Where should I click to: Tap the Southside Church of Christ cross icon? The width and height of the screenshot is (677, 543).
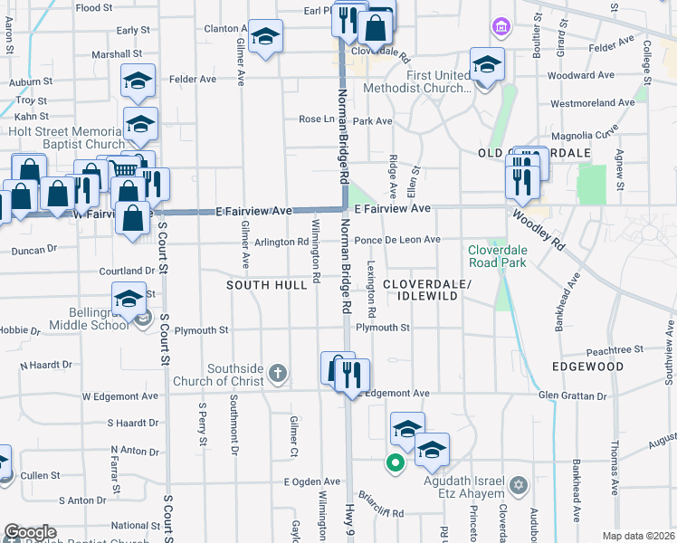(x=278, y=372)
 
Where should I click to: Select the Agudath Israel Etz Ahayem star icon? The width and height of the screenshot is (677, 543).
(x=519, y=486)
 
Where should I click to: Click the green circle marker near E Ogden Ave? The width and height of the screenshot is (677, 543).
(x=395, y=464)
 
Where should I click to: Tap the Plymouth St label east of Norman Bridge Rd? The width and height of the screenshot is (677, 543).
(x=383, y=328)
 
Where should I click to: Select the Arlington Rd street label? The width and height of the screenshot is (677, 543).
(x=281, y=242)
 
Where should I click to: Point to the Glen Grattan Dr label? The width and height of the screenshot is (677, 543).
(x=572, y=396)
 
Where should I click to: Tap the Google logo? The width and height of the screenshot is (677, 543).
(x=30, y=532)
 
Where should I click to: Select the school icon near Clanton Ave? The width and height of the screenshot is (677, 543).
(x=265, y=37)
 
